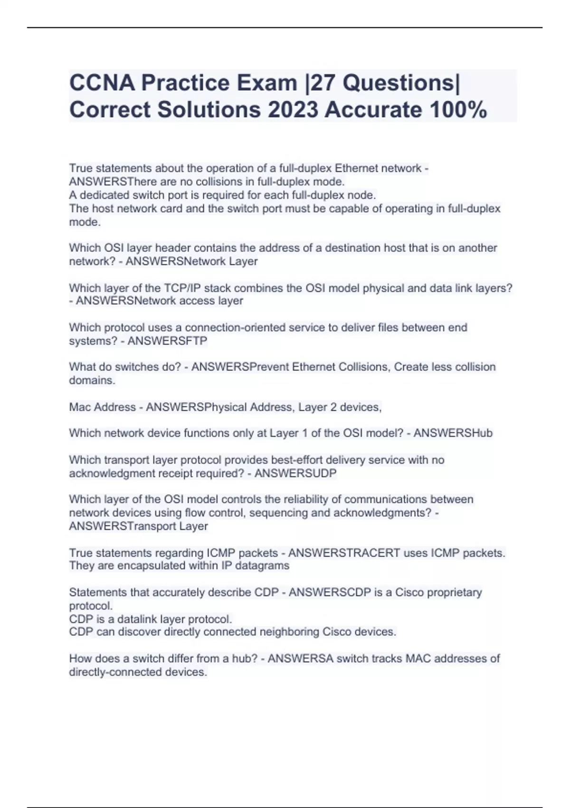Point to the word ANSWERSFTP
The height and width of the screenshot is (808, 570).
tap(167, 341)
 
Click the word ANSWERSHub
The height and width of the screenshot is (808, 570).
tap(453, 433)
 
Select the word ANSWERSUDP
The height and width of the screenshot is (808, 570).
tap(295, 473)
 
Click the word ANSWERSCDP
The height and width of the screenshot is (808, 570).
tap(325, 593)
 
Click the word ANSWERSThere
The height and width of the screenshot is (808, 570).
tap(105, 182)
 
